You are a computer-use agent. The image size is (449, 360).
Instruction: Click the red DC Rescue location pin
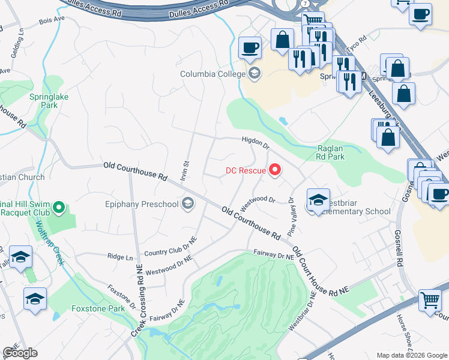[276, 171]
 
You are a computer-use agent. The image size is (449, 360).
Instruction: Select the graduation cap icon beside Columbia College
[255, 74]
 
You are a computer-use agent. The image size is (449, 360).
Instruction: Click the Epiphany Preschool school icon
[188, 204]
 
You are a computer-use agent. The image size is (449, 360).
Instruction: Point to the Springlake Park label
[44, 100]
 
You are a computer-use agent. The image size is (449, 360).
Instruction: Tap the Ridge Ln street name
[119, 256]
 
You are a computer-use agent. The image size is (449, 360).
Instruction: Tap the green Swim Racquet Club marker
[58, 208]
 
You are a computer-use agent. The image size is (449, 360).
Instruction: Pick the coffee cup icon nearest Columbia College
[249, 47]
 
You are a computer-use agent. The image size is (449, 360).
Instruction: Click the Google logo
[20, 353]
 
